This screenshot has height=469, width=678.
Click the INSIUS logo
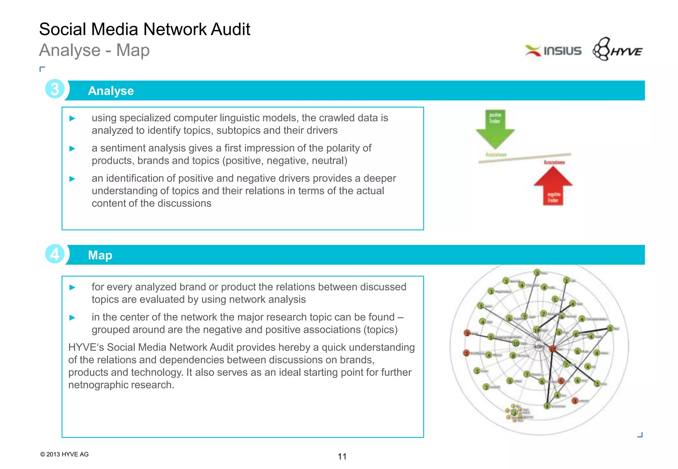[553, 51]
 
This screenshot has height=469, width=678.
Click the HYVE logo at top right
[618, 50]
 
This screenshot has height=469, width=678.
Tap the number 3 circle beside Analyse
[55, 89]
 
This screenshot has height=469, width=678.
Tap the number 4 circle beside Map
[55, 254]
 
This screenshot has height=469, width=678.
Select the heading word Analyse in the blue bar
[111, 91]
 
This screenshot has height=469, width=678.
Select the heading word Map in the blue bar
[100, 255]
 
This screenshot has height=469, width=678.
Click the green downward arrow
[495, 129]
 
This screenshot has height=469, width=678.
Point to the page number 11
[342, 457]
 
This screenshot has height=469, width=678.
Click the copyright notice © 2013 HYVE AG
[65, 454]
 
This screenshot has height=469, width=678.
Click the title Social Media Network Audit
[144, 29]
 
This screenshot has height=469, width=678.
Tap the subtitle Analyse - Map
[94, 50]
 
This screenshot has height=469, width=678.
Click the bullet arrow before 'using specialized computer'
[73, 118]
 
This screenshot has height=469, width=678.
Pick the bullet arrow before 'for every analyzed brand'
[73, 287]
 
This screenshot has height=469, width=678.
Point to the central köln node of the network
[539, 346]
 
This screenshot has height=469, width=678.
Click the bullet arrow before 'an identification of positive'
[73, 179]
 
